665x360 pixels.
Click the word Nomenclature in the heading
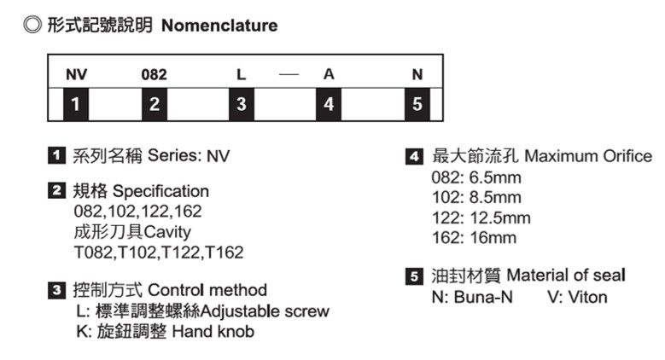219,26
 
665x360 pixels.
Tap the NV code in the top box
76,75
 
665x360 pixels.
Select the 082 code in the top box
154,75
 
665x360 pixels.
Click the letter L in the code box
242,75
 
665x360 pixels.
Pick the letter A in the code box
328,75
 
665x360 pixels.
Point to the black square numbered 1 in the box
77,105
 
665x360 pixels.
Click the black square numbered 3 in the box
242,105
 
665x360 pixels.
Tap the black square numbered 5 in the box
417,105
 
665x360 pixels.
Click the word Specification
160,191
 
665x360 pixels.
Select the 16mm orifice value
493,238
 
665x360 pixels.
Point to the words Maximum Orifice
587,156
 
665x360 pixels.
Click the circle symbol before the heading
32,26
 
